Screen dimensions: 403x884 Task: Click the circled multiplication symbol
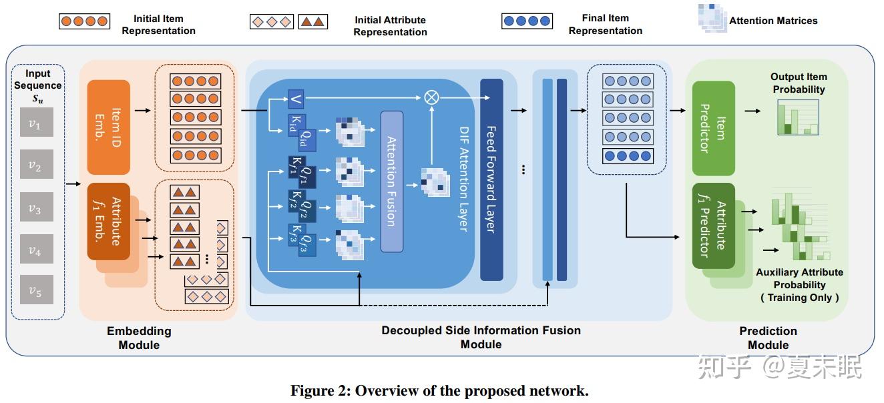tap(432, 97)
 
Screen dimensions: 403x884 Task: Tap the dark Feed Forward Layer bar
tap(491, 179)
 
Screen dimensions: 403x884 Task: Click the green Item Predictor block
tap(713, 127)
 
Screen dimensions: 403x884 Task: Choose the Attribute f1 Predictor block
tap(712, 226)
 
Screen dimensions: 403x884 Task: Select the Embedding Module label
tap(139, 338)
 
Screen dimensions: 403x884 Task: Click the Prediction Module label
tap(768, 338)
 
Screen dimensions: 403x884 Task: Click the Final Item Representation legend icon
tap(527, 21)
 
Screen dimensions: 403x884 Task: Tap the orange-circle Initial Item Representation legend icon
tap(84, 21)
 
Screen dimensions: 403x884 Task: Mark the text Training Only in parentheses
tap(799, 298)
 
